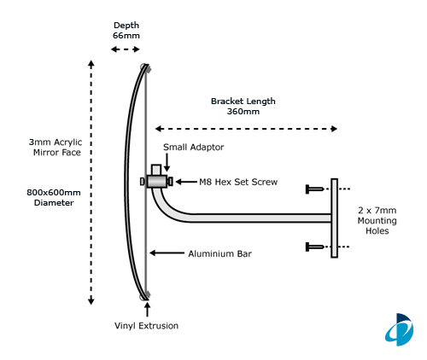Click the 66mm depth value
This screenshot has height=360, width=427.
126,36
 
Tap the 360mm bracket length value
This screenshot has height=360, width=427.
243,111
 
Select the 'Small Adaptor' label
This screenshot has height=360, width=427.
193,148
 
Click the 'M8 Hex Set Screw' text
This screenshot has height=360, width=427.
238,182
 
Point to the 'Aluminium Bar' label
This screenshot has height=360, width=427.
219,253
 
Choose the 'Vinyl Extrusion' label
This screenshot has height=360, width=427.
146,326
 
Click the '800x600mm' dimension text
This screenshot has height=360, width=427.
54,193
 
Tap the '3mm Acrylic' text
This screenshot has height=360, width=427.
56,142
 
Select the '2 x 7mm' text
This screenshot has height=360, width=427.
377,211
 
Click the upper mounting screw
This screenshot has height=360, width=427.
314,189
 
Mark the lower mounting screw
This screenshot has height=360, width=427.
314,247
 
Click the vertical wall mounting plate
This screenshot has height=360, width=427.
335,218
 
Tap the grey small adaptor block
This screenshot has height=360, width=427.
157,182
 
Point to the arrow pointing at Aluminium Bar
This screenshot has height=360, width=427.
167,253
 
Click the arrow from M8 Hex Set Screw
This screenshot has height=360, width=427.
186,182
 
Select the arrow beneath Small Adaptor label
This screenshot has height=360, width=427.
167,162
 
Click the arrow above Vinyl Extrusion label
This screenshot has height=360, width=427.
147,310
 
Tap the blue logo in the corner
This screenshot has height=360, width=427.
400,330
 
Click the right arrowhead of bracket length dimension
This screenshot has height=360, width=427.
334,129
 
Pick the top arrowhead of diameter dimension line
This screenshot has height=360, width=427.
91,64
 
